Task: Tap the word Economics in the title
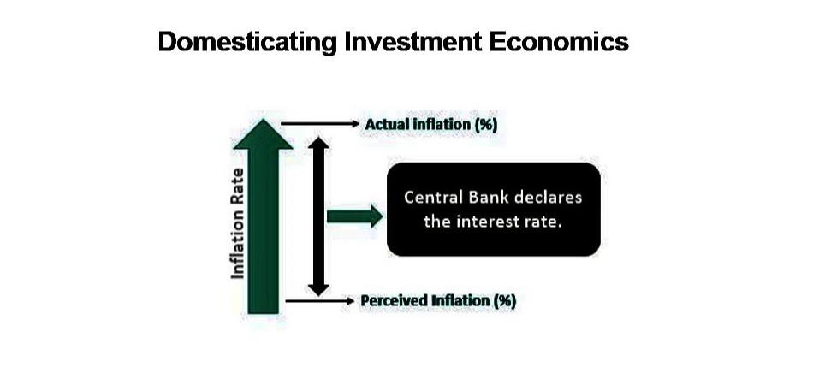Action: (x=559, y=41)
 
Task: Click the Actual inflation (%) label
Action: (x=430, y=125)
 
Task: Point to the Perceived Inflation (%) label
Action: (x=438, y=301)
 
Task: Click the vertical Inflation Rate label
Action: (x=237, y=222)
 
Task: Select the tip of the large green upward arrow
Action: (x=264, y=119)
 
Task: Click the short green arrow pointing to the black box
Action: (x=355, y=216)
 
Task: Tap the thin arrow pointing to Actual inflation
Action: (x=320, y=124)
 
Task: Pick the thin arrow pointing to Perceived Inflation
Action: (x=320, y=300)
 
